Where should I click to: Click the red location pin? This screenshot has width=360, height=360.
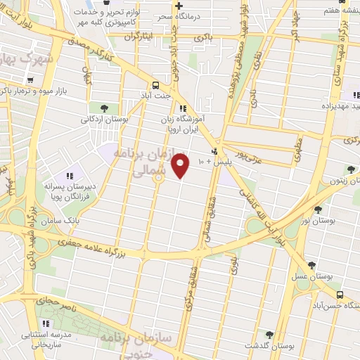click(181, 167)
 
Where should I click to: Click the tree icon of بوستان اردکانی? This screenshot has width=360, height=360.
click(104, 108)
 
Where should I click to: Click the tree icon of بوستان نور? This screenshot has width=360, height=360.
click(319, 210)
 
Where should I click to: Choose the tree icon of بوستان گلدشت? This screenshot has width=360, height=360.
click(269, 334)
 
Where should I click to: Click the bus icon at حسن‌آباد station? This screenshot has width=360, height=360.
click(340, 294)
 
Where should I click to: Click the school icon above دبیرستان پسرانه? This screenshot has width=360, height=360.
click(69, 175)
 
